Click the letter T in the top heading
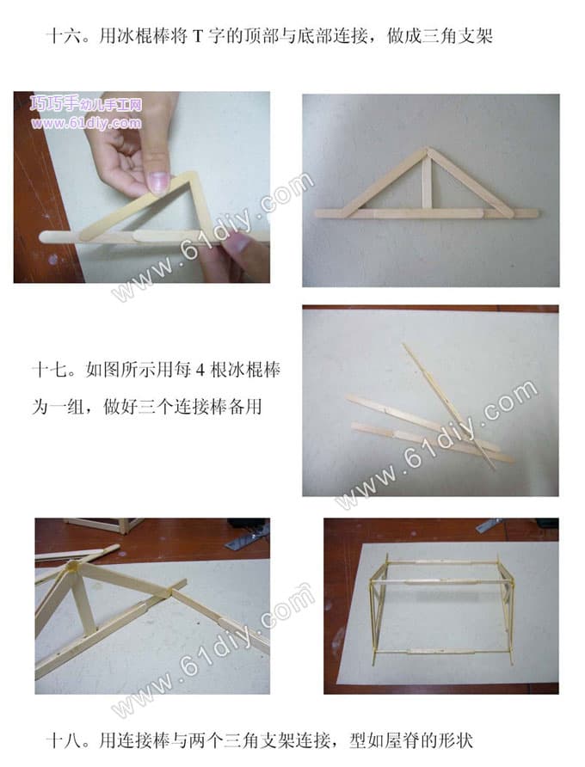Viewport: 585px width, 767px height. coord(198,36)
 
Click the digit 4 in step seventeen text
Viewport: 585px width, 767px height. coord(200,370)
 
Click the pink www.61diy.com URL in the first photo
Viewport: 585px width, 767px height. coord(87,123)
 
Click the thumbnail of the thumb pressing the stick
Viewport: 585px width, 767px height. coord(158,181)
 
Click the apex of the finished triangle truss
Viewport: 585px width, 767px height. coord(428,150)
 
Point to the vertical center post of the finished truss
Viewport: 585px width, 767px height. coord(428,183)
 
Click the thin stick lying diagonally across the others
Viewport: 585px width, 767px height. coord(448,406)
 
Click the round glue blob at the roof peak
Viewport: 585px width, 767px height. coord(73,567)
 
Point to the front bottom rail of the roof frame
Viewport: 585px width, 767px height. coord(442,652)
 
